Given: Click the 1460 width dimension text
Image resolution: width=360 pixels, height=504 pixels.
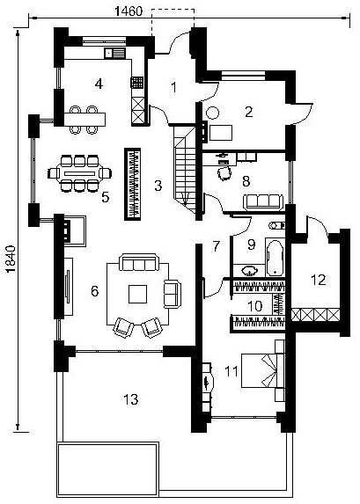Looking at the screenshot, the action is (129, 11).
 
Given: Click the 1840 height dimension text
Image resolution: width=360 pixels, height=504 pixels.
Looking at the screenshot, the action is (11, 259).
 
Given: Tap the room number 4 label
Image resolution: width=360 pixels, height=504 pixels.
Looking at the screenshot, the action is (99, 84).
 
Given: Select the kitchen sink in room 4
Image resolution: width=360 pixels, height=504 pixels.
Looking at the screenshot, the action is (114, 53).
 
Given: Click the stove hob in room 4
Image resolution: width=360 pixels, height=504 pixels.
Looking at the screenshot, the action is (136, 83).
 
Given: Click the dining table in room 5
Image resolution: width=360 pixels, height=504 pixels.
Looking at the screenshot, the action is (79, 173).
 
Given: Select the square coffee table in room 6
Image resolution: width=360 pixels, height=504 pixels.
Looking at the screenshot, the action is (137, 294).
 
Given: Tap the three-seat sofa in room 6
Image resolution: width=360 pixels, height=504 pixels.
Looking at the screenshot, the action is (139, 262).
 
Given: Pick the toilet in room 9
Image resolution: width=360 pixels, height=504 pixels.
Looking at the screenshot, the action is (277, 225).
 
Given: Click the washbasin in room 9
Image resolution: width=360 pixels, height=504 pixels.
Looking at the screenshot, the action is (250, 270).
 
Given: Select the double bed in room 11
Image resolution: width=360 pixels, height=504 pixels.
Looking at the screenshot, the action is (262, 370).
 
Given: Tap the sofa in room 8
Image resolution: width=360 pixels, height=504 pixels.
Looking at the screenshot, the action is (263, 201).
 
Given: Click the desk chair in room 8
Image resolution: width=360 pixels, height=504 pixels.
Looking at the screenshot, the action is (224, 173).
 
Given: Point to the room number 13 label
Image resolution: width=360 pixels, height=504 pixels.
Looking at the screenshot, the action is (131, 399).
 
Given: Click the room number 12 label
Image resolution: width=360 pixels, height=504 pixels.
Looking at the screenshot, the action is (319, 280).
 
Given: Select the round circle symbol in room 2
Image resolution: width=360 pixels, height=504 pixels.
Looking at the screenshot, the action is (212, 113).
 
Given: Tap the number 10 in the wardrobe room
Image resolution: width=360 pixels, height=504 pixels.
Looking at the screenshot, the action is (255, 306).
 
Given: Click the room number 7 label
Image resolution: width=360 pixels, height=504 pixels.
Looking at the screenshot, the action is (216, 246).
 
